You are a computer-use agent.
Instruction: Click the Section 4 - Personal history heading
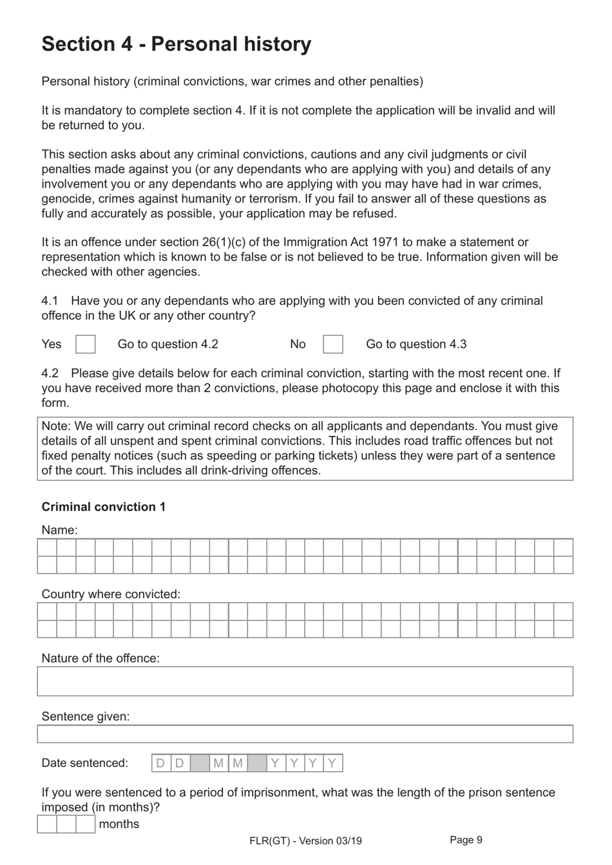(176, 44)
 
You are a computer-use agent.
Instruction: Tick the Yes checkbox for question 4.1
(85, 344)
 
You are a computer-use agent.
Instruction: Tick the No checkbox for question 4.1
(332, 344)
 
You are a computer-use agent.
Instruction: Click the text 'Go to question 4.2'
(167, 344)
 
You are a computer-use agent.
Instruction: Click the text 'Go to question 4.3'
(416, 344)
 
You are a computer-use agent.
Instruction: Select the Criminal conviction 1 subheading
(103, 507)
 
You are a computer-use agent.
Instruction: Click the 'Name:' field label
(59, 530)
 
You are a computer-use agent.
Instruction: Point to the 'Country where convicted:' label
(111, 594)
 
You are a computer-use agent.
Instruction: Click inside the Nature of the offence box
(305, 681)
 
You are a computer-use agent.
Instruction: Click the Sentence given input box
(305, 734)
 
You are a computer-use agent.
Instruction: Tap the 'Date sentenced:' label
(84, 763)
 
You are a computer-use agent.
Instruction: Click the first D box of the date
(161, 763)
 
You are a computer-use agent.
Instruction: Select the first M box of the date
(218, 763)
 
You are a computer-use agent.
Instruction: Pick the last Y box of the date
(332, 763)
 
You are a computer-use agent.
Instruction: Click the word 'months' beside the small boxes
(119, 824)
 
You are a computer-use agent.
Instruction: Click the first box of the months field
(47, 824)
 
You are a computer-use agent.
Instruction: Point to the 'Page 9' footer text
(466, 839)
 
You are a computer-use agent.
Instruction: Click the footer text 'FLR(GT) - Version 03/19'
(305, 841)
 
